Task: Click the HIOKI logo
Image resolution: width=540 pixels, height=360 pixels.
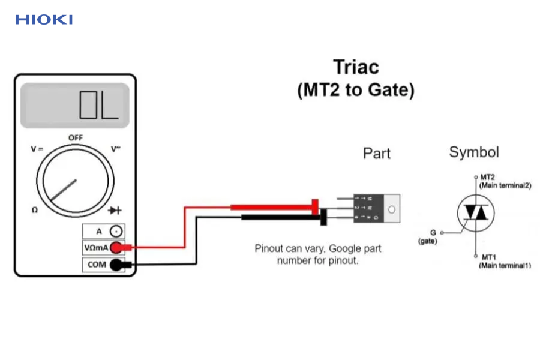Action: coord(44,20)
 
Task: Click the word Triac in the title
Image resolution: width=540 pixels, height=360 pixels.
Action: coord(356,67)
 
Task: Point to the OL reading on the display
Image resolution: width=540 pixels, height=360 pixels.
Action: coord(99,106)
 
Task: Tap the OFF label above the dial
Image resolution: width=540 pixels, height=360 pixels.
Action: coord(76,137)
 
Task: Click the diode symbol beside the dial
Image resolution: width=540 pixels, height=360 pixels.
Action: coord(115,210)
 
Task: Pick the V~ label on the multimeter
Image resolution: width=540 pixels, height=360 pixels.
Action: coord(116,149)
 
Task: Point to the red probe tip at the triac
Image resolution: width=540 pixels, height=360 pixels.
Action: coord(314,208)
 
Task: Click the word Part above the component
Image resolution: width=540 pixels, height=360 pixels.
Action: coord(377,154)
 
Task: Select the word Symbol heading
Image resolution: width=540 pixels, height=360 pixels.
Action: coord(474,152)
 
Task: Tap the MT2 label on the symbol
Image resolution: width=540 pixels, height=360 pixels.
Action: coord(487,178)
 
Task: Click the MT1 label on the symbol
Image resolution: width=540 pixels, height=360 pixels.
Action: coord(487,257)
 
